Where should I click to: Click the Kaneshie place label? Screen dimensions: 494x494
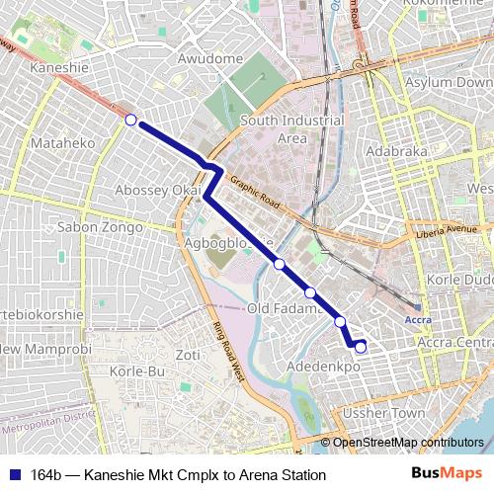59,68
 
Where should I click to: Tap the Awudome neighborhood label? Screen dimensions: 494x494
210,59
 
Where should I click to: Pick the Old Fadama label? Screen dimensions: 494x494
285,309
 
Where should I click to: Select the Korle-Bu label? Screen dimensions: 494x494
137,371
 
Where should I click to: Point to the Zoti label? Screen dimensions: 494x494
187,355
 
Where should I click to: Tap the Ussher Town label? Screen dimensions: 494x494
393,412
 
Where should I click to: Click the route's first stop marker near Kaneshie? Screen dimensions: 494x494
130,120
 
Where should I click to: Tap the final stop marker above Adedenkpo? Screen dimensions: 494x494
361,346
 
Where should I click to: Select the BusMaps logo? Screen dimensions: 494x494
447,474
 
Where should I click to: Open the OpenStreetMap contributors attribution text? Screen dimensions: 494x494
407,442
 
